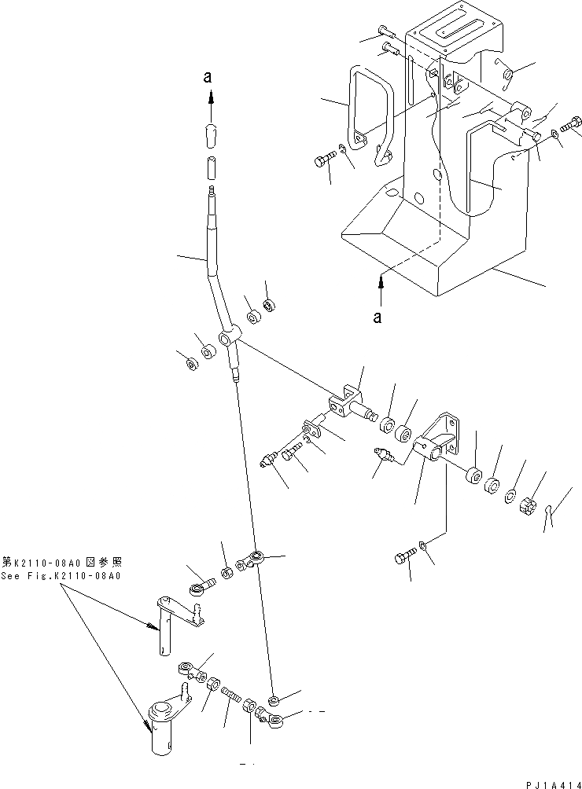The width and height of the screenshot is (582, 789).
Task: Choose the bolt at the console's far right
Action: pos(572,124)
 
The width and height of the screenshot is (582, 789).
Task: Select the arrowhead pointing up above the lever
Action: pos(210,97)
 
